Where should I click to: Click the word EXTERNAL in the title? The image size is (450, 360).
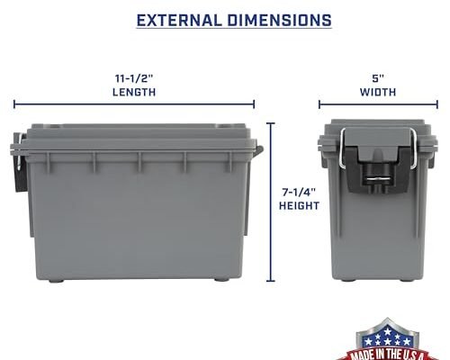coord(183,19)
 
